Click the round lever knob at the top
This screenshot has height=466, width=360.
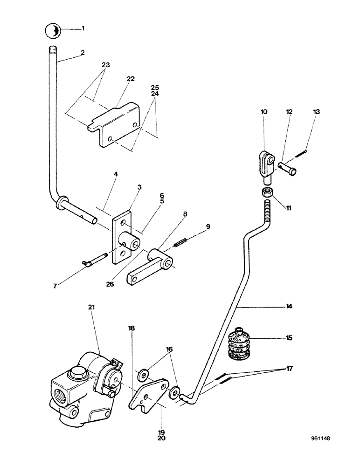(53, 31)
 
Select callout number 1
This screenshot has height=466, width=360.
(83, 28)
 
